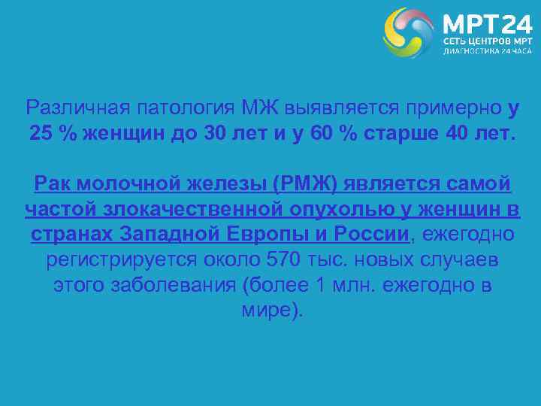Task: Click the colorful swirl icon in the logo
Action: pyautogui.click(x=408, y=32)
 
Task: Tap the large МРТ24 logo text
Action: pyautogui.click(x=480, y=22)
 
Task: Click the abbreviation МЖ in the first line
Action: pyautogui.click(x=261, y=108)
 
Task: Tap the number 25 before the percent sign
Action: pyautogui.click(x=43, y=133)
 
